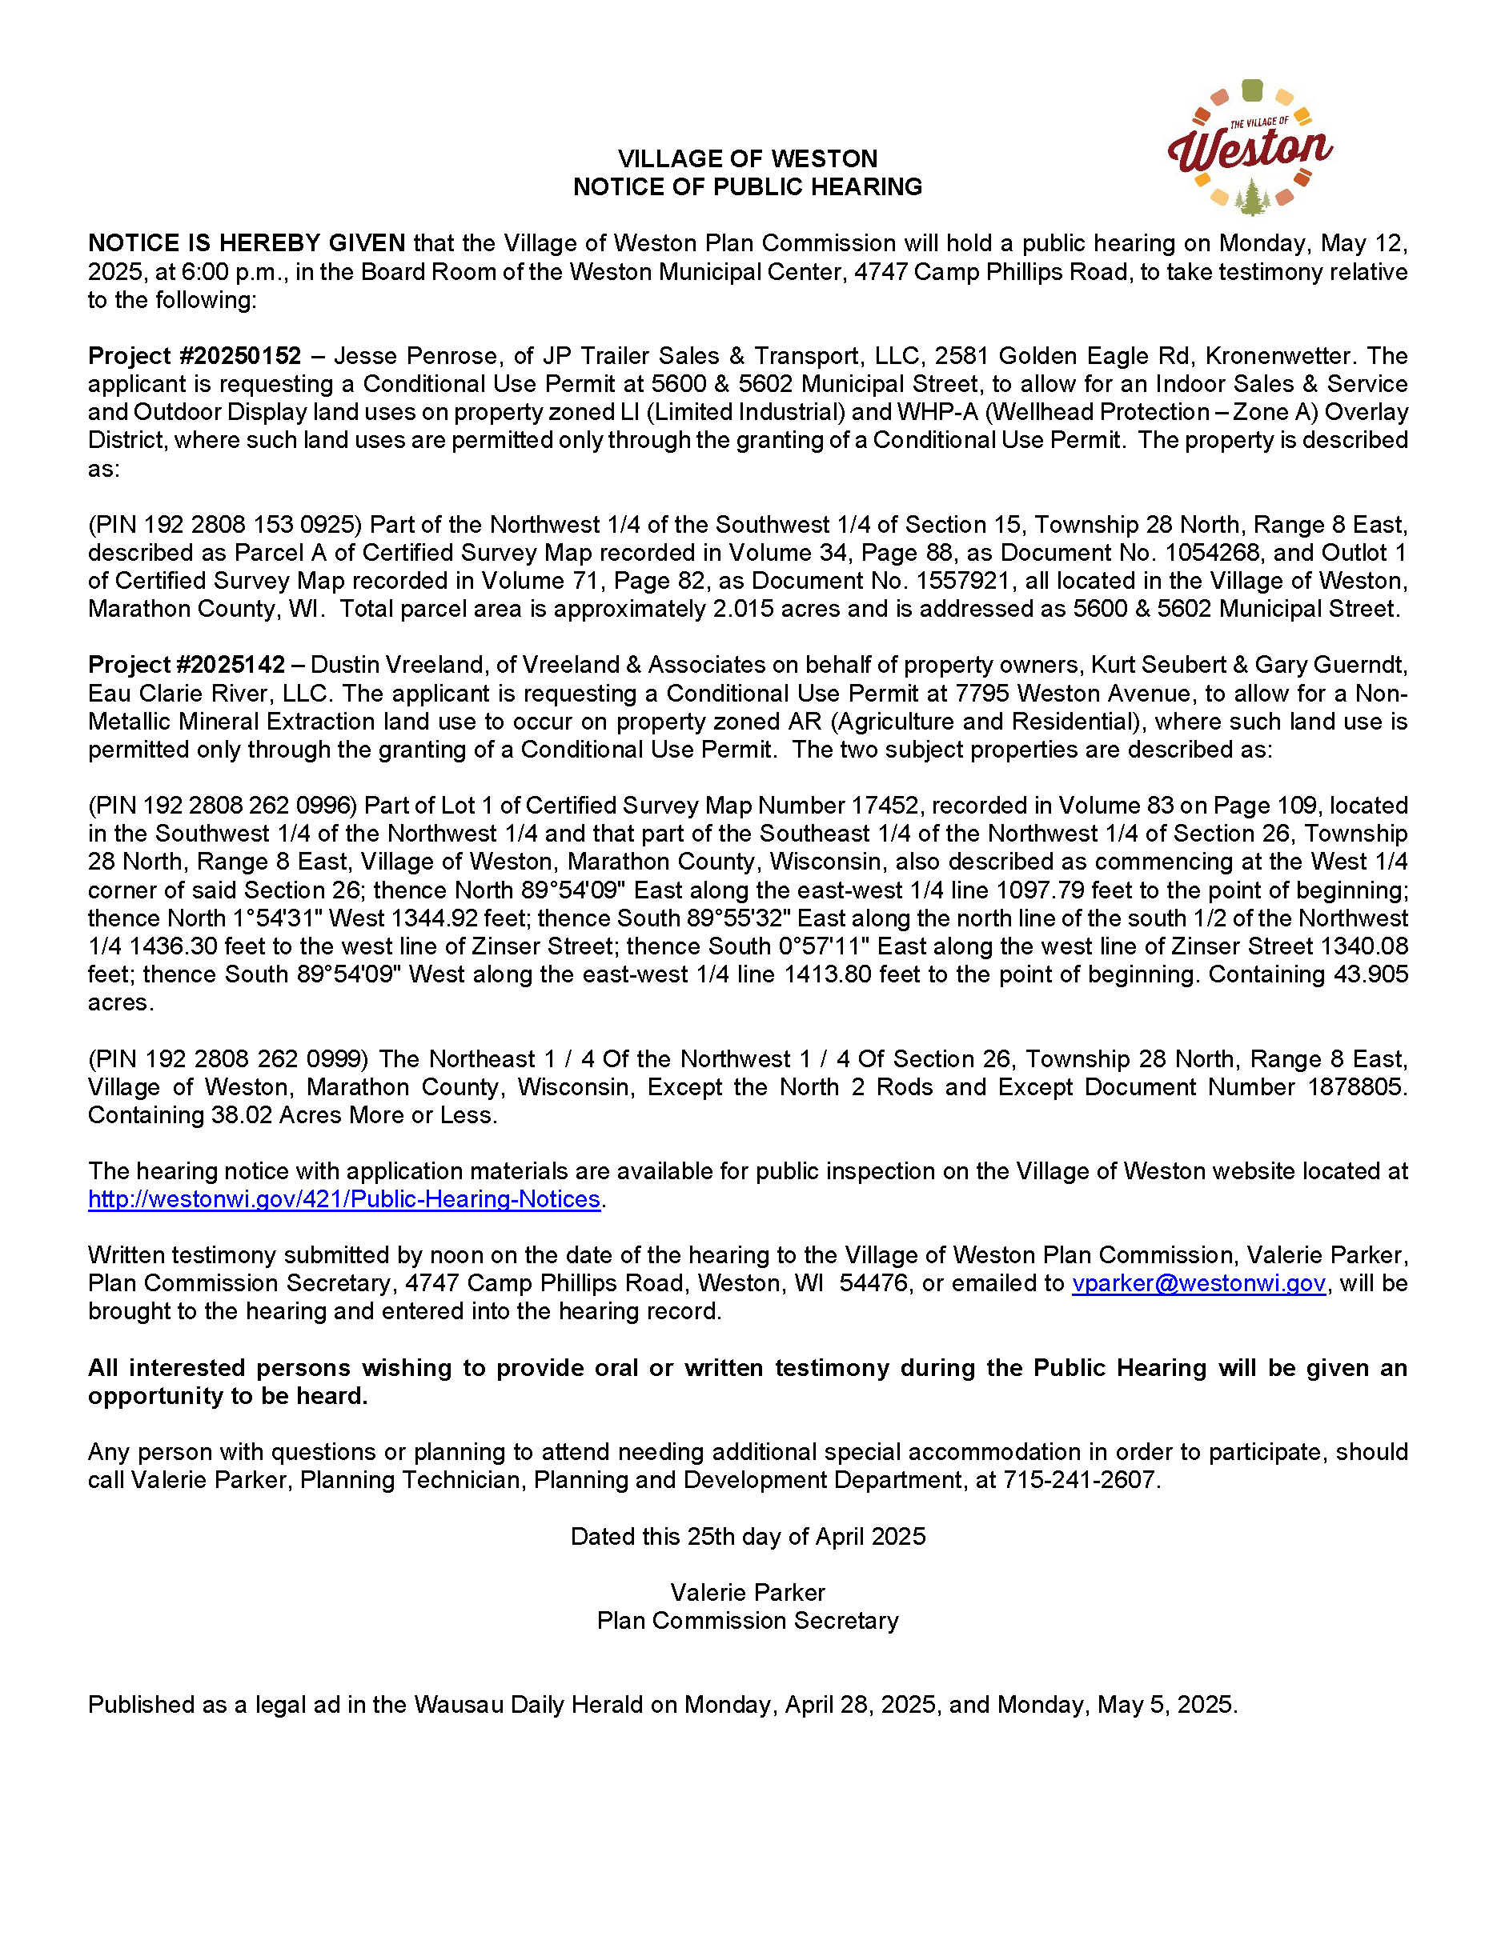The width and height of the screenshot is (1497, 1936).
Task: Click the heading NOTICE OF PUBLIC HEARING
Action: point(747,187)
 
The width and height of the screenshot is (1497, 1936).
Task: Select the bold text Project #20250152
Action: point(195,356)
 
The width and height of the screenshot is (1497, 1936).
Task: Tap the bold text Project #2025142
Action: point(187,665)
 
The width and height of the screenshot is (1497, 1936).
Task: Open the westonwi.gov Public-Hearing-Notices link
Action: point(344,1199)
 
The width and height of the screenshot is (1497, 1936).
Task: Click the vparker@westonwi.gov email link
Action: point(1198,1283)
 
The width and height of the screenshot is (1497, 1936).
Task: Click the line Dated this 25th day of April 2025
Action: point(747,1536)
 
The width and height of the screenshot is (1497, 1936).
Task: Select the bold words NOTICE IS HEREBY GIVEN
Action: point(247,244)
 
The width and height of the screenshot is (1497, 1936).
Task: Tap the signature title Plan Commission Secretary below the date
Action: point(747,1621)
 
